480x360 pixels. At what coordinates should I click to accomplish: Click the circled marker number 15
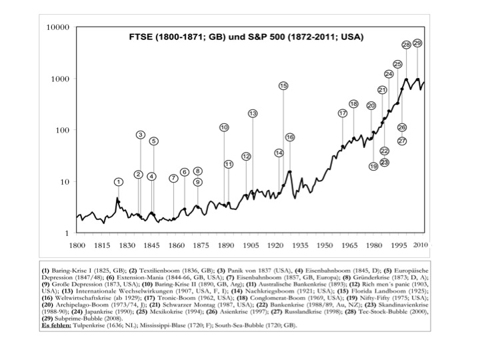[x=283, y=86]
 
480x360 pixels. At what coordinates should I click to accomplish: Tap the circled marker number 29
[x=417, y=43]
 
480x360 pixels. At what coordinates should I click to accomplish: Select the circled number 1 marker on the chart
[x=118, y=181]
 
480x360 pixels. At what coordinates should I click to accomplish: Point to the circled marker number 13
[x=253, y=113]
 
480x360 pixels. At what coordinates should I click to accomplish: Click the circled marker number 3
[x=141, y=135]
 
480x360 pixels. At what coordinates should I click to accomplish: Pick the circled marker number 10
[x=224, y=127]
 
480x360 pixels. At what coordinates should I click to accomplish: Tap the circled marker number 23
[x=385, y=162]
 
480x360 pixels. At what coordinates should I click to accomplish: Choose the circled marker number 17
[x=343, y=113]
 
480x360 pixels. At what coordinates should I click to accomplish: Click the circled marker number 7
[x=173, y=178]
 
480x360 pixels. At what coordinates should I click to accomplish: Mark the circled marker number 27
[x=402, y=141]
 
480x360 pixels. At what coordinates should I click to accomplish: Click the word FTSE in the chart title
[x=142, y=37]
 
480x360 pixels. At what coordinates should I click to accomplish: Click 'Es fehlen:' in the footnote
[x=57, y=325]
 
